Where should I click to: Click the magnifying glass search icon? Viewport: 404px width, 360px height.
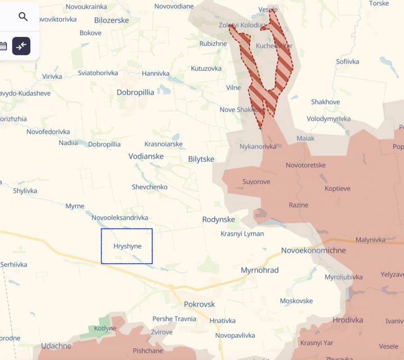[x=23, y=17]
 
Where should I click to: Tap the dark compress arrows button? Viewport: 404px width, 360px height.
[x=21, y=46]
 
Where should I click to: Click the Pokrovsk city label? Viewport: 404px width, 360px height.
[x=199, y=304]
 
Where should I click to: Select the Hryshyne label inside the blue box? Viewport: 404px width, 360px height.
[x=127, y=246]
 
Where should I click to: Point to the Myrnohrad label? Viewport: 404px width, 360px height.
[x=260, y=270]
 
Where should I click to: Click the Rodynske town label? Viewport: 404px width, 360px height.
[x=219, y=219]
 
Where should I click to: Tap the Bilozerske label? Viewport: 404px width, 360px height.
[x=112, y=20]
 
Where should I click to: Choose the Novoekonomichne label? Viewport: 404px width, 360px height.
[x=314, y=250]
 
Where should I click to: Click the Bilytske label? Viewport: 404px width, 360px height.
[x=201, y=159]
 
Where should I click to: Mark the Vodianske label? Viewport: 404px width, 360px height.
[x=146, y=156]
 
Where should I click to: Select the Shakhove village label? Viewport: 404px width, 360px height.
[x=325, y=102]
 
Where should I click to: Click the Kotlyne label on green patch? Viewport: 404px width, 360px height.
[x=105, y=328]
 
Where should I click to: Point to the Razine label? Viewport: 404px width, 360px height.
[x=299, y=205]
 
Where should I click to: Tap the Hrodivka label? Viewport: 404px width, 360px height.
[x=348, y=320]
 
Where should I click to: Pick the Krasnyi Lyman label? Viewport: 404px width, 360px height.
[x=242, y=234]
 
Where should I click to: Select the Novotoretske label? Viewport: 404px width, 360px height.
[x=305, y=165]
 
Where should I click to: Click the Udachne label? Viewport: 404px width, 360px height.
[x=56, y=346]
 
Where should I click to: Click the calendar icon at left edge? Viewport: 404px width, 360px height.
[x=3, y=46]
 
